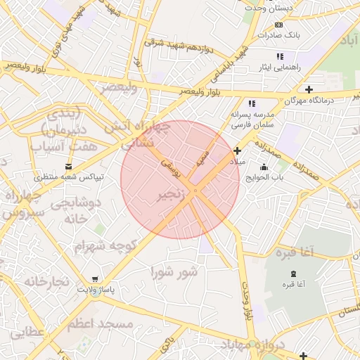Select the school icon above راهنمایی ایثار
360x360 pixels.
280,56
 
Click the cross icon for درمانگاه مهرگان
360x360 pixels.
309,89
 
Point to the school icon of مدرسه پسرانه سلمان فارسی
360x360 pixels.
252,103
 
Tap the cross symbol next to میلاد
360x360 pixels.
238,150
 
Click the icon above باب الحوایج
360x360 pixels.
264,167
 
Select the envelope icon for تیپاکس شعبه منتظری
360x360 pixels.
68,167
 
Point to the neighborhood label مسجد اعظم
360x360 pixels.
101,324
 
